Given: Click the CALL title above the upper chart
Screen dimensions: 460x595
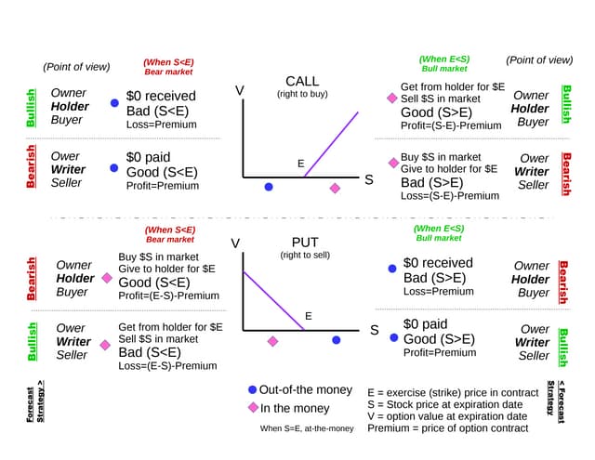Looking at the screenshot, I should (x=302, y=81).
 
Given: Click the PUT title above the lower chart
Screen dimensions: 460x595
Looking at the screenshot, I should (x=305, y=243).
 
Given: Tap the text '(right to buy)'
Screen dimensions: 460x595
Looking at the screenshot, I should (x=302, y=94).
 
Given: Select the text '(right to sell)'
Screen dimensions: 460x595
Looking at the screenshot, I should (x=305, y=255).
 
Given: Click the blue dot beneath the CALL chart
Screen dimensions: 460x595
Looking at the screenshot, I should (x=269, y=187).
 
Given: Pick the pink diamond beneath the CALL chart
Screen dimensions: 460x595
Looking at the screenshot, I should (x=335, y=188).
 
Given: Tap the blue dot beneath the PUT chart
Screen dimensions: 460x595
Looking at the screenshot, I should (x=337, y=340).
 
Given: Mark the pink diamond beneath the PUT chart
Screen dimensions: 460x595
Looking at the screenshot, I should (x=272, y=341).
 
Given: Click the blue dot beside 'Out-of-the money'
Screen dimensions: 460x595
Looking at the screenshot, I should (x=253, y=389).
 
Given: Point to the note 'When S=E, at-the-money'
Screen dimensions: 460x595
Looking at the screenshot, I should (x=307, y=428).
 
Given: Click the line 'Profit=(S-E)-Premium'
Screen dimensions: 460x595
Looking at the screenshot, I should (x=451, y=125).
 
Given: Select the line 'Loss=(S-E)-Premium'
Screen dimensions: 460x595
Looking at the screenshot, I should (x=450, y=195).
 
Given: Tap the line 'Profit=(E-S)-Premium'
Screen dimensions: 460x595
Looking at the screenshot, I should (x=169, y=296).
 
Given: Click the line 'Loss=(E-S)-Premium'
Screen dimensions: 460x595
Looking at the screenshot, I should (x=167, y=365).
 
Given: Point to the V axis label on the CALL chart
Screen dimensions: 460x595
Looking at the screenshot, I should (x=239, y=91).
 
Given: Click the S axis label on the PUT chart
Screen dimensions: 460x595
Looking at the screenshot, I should (x=375, y=330).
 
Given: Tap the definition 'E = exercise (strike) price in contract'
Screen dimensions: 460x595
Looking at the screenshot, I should (x=453, y=392).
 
